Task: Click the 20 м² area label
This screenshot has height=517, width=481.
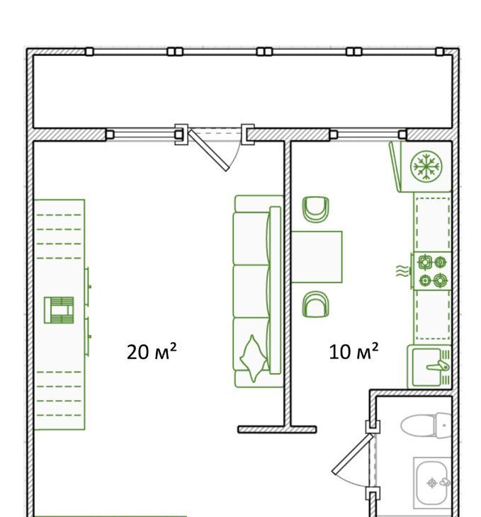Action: (x=152, y=351)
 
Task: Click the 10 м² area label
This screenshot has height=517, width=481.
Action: (x=353, y=351)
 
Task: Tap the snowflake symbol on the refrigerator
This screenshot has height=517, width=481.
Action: (x=426, y=166)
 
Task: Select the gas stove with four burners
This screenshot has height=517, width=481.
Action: (x=432, y=271)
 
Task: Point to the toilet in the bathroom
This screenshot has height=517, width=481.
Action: (x=426, y=426)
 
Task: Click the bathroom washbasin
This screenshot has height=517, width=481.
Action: (x=433, y=483)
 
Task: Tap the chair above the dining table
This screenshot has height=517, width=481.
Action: (x=316, y=210)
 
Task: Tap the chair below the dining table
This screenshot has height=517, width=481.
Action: (x=316, y=304)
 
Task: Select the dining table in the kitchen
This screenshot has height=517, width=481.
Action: (x=317, y=257)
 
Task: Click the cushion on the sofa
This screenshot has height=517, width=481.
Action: (x=254, y=358)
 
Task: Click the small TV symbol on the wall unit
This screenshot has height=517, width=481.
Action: (x=59, y=310)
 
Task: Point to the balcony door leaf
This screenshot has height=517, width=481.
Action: (x=208, y=150)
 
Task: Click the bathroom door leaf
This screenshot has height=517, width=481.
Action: (x=352, y=454)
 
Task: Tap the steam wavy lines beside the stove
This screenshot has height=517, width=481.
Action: (x=402, y=271)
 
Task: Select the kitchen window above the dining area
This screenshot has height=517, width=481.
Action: (x=368, y=135)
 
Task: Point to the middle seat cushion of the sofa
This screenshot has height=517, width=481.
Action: (x=251, y=291)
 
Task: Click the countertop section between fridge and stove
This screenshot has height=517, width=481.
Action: (x=432, y=222)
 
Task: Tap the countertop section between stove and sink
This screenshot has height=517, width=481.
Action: (x=432, y=317)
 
